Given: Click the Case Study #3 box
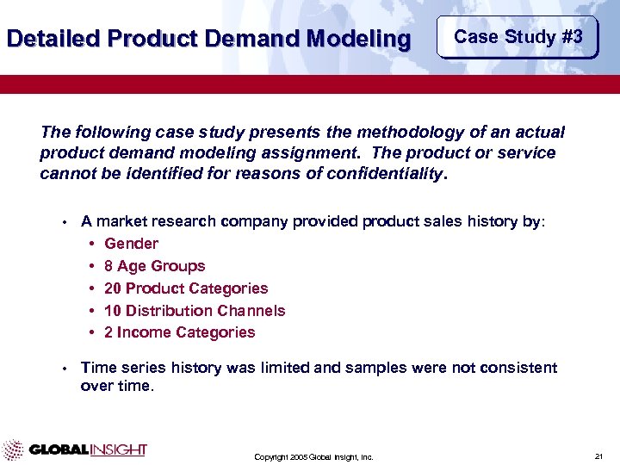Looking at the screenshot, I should tap(518, 37).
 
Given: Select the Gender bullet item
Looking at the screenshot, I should tap(131, 244).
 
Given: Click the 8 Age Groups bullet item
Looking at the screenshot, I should tap(154, 266).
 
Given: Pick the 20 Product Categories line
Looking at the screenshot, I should tap(185, 288).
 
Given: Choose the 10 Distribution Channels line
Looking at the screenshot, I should tap(194, 310).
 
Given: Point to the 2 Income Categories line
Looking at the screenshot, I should tap(179, 332).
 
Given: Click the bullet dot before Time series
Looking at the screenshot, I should tap(65, 369).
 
